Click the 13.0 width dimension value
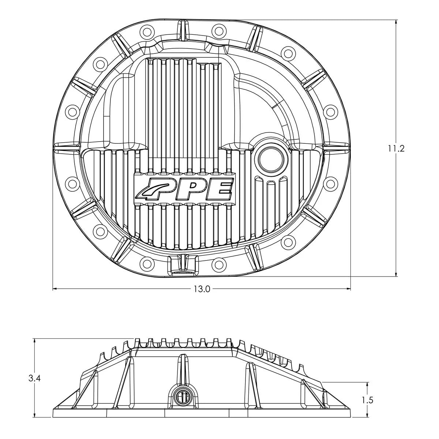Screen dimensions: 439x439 pyautogui.click(x=202, y=289)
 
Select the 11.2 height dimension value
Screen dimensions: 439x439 pyautogui.click(x=397, y=149)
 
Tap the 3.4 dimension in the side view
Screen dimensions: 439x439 pyautogui.click(x=35, y=379)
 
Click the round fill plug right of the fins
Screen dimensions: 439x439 pyautogui.click(x=270, y=158)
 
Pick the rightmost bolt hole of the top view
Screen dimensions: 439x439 pyautogui.click(x=329, y=112)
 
